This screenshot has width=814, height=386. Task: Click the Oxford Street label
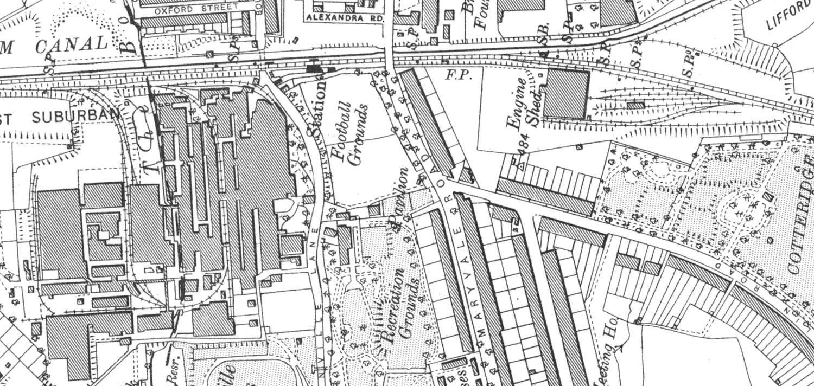tap(196, 9)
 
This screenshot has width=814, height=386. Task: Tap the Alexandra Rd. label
tap(345, 17)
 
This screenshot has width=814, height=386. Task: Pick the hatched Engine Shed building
tap(566, 94)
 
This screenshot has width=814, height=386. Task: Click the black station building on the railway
tap(314, 68)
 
